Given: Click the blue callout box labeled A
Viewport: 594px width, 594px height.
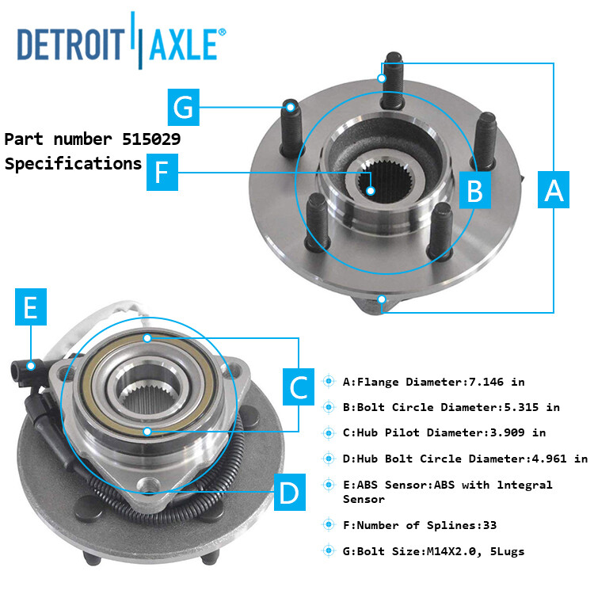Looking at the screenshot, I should (554, 191).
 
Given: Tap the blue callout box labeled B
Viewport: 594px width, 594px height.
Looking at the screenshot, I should (474, 191).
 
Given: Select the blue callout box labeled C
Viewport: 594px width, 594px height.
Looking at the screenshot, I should (299, 387).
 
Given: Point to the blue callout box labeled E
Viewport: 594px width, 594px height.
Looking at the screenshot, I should (30, 308).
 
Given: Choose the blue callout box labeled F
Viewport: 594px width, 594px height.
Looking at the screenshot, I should (162, 173).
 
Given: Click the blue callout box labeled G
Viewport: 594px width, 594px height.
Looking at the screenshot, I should (184, 107).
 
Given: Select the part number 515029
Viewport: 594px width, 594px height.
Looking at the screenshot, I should (151, 139).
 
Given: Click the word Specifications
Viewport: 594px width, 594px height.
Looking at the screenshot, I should (73, 164).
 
